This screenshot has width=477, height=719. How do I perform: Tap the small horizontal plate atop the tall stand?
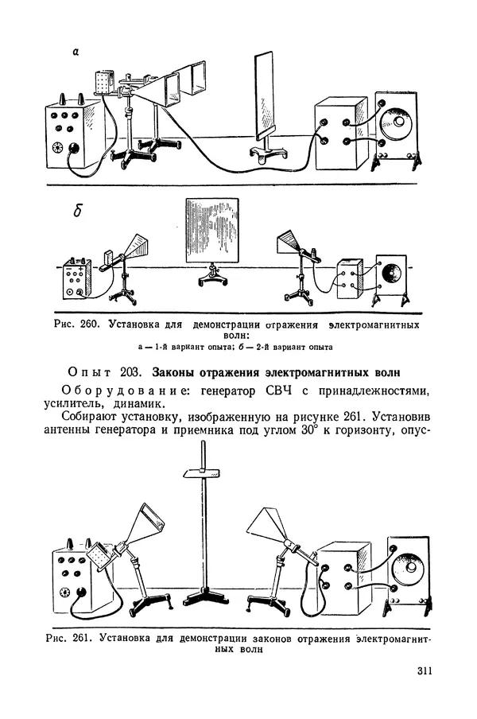[x=200, y=473]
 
